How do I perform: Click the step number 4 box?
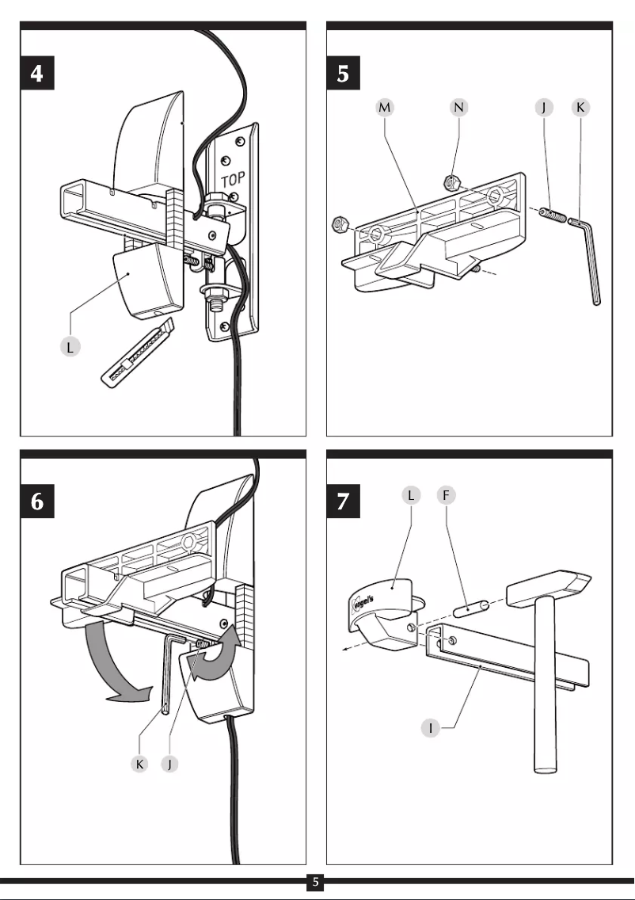click(x=38, y=75)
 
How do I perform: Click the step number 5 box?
click(x=344, y=75)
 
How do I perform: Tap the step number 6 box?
click(x=38, y=503)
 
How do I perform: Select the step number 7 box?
click(x=344, y=503)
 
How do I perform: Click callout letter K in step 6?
click(x=140, y=765)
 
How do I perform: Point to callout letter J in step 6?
click(x=170, y=765)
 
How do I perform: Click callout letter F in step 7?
click(x=447, y=496)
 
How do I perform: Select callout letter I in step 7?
click(x=431, y=728)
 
